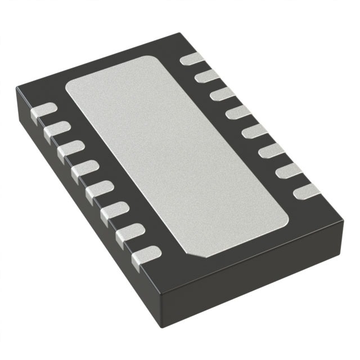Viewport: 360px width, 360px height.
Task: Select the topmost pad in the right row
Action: tap(192, 58)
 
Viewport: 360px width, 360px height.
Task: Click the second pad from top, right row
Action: tap(207, 75)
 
